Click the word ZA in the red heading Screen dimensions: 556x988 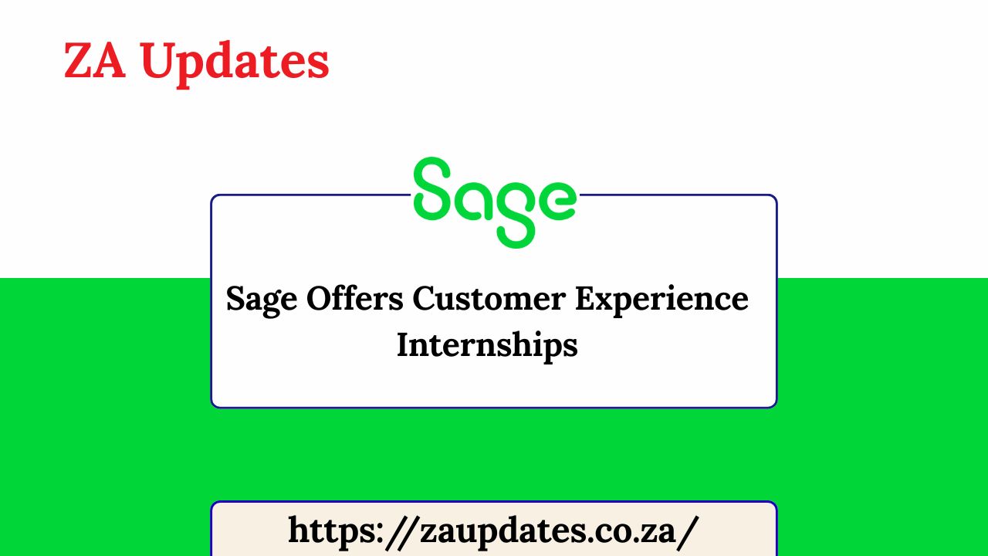94,61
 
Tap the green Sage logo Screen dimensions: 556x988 494,201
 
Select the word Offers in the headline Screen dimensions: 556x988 355,298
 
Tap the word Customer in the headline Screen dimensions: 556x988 489,298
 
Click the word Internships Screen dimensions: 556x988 487,345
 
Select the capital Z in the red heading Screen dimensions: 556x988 77,61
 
